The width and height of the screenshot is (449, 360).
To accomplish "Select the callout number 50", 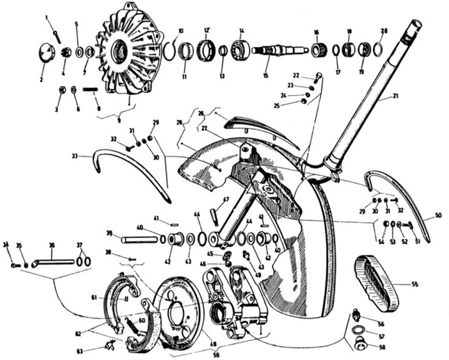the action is click(x=438, y=215).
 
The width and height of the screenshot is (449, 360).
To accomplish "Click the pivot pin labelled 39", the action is click(x=141, y=238).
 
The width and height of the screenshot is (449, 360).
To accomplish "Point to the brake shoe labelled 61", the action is click(x=118, y=299).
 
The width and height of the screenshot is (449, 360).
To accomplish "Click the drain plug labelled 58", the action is click(x=360, y=343).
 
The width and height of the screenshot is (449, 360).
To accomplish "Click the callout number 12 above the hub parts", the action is click(x=206, y=29).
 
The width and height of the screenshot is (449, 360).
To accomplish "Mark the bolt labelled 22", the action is click(x=319, y=78).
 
